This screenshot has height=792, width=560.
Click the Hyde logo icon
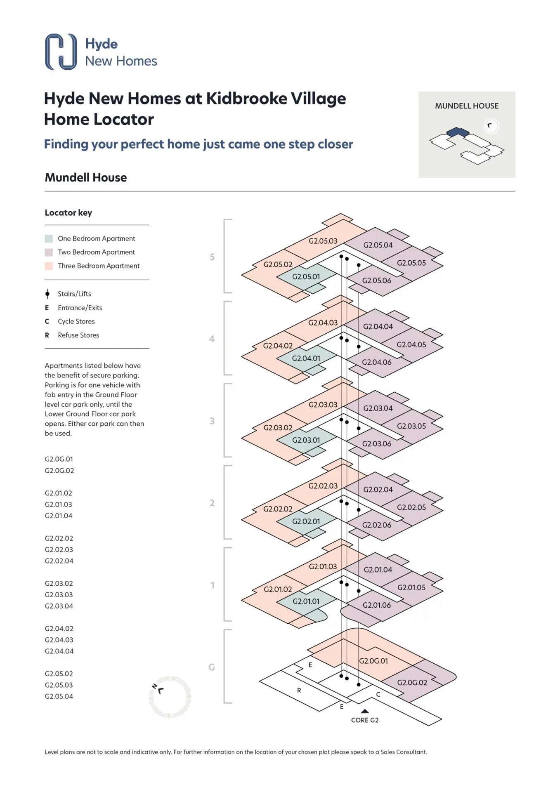(x=61, y=52)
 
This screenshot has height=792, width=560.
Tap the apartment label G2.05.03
(x=323, y=241)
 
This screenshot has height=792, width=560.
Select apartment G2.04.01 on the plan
(x=306, y=358)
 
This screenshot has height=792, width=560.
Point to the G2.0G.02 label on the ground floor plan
(x=412, y=683)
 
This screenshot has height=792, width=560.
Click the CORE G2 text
(x=364, y=720)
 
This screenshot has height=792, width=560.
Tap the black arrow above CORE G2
(x=365, y=711)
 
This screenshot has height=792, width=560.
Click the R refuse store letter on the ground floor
(x=299, y=691)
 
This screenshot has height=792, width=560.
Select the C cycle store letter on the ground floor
(x=378, y=695)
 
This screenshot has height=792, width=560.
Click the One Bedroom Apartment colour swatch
(x=49, y=238)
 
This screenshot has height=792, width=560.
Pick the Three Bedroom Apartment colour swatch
(x=49, y=266)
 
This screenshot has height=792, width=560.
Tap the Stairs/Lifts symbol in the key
(x=47, y=294)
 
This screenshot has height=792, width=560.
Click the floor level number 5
(x=212, y=257)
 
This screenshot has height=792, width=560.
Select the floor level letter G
(x=212, y=667)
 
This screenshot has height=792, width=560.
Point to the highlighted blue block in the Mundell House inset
(x=458, y=132)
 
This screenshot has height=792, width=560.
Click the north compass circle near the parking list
(x=170, y=697)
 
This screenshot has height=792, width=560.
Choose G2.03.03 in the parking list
(x=59, y=595)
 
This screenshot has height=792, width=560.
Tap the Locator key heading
(x=69, y=213)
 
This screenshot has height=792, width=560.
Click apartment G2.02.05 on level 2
(x=411, y=507)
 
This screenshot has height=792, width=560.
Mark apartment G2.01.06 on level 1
(x=376, y=605)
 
